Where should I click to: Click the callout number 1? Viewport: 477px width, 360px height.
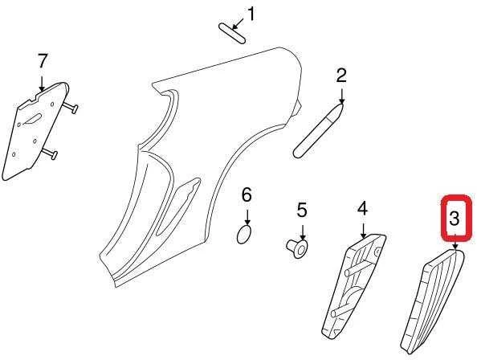(251, 14)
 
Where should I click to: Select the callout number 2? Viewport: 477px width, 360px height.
(341, 76)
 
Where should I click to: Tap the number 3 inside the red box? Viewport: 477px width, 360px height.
(454, 219)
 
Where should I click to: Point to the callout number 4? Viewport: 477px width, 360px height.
(363, 209)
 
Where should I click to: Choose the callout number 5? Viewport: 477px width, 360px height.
(302, 211)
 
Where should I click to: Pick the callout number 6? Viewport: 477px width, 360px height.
(247, 194)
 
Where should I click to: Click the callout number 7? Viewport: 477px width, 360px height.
(43, 61)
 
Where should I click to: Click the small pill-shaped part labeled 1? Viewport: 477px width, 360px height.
(232, 33)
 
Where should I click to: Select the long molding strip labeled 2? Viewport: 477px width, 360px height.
(319, 131)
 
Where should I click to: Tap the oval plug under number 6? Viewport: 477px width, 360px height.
(244, 235)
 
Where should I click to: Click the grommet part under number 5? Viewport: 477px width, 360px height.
(297, 248)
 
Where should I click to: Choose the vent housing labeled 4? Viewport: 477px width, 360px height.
(354, 286)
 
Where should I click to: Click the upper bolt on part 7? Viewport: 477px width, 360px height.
(71, 107)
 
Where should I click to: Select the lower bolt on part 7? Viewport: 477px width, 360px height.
(49, 153)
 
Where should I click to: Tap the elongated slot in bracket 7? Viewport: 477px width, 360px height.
(32, 119)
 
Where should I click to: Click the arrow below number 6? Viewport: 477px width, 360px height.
(247, 217)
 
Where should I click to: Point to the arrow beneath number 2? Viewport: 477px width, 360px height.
(341, 96)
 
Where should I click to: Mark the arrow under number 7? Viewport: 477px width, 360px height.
(42, 83)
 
